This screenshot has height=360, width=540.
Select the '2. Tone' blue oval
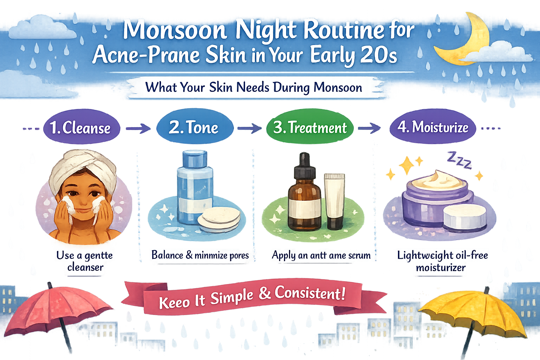[x=194, y=127]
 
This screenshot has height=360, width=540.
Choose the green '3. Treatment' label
[x=310, y=127]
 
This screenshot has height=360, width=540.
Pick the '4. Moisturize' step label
[x=433, y=127]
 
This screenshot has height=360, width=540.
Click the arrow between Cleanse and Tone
[x=138, y=129]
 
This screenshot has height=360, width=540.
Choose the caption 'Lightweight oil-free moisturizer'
[x=442, y=261]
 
